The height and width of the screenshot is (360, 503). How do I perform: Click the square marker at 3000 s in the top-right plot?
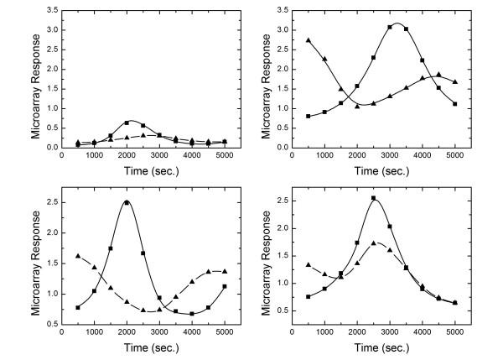point(390,27)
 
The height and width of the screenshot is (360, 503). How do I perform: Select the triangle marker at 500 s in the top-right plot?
point(309,40)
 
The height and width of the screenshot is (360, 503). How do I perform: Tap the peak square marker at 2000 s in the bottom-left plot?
point(127,202)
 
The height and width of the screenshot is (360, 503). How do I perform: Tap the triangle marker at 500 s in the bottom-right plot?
point(309,265)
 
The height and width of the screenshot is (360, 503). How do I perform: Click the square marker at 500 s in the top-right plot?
point(309,116)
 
